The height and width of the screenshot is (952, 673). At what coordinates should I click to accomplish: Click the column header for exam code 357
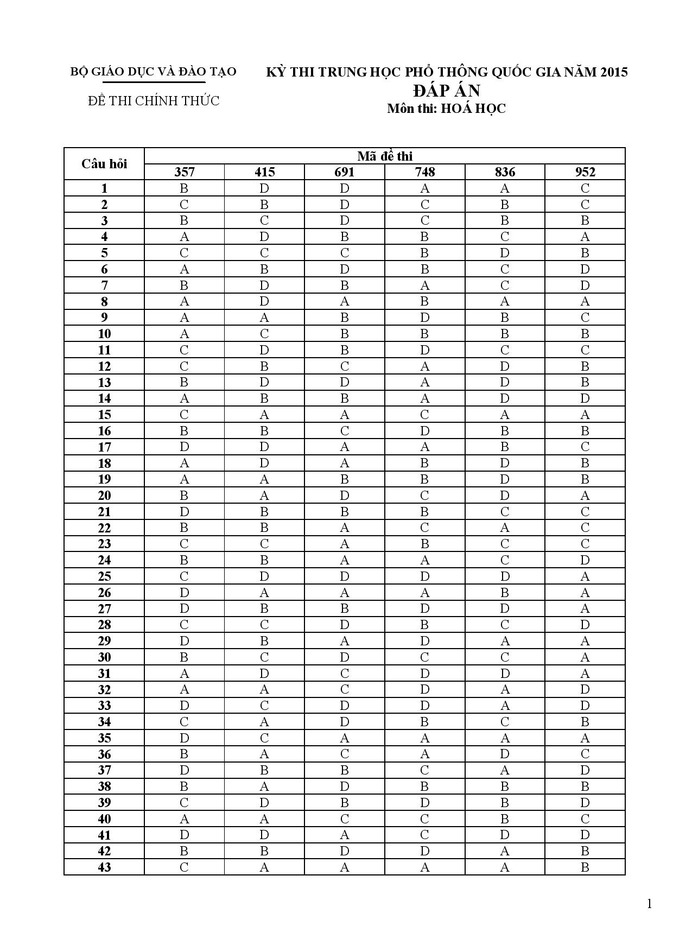coord(184,172)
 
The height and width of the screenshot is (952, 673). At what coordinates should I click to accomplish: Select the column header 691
coord(345,172)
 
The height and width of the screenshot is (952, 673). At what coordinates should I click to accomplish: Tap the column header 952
coord(585,172)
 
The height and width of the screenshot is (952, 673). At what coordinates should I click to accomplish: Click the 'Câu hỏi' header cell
coord(104,164)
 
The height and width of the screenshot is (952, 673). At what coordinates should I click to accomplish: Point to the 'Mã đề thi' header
coord(385,156)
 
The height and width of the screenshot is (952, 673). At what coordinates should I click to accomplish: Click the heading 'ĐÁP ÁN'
coord(446,90)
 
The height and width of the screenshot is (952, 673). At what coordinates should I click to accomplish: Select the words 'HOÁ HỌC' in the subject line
coord(473,109)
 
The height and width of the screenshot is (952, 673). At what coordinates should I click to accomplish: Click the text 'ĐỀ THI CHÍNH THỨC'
coord(154,101)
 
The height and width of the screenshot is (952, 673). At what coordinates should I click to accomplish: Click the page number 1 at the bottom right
coord(649,904)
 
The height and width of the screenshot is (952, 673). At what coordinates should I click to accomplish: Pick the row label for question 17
coord(104,447)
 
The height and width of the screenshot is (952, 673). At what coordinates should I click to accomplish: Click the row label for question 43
coord(104,867)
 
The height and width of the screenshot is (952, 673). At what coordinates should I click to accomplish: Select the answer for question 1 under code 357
coord(184,188)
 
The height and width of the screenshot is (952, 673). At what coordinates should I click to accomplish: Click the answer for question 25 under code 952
coord(585,576)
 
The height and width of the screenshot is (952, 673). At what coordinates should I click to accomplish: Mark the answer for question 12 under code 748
coord(425,366)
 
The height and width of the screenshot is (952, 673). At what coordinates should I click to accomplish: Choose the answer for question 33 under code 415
coord(264,706)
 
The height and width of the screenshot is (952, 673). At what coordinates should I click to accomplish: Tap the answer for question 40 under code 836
coord(505,818)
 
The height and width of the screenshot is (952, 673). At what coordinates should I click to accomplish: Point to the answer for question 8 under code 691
coord(345,302)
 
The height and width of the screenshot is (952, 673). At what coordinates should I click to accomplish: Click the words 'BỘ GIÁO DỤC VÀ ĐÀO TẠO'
coord(154,72)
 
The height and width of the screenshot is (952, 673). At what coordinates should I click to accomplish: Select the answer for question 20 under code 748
coord(425,496)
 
